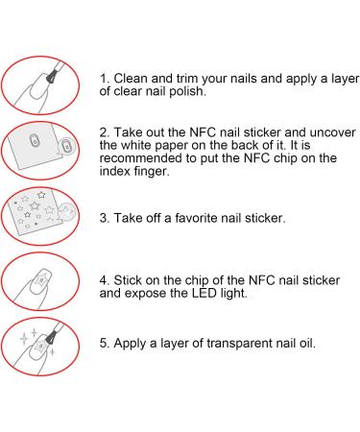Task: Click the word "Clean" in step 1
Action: [x=131, y=79]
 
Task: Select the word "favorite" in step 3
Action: [x=196, y=218]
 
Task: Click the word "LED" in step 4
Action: [x=204, y=293]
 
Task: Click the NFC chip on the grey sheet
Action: [x=34, y=141]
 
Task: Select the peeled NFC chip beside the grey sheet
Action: [x=66, y=147]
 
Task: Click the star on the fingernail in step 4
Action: [x=41, y=279]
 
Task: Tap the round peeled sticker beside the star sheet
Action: [x=66, y=211]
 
